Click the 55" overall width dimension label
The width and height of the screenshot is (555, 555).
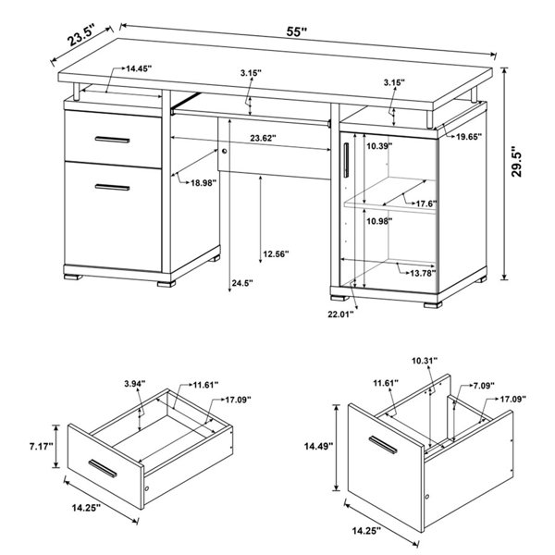296,31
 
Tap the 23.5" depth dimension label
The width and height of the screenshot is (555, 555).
81,36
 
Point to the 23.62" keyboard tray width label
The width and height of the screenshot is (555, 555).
263,138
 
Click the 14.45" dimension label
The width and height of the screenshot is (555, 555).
139,68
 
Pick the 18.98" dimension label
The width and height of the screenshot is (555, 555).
203,183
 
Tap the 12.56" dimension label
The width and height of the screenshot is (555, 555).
276,254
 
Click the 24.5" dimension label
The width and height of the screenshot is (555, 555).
242,283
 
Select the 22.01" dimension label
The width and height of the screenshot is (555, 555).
340,314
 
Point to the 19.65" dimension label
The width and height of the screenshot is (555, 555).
469,137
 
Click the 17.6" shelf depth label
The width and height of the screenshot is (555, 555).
426,203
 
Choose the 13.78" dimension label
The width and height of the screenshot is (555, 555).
423,273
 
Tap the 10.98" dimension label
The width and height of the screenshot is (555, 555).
379,222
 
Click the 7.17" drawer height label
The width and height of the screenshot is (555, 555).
41,447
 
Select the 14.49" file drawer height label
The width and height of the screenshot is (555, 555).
319,447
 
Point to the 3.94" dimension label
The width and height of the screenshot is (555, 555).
135,383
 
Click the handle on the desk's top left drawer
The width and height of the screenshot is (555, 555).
112,140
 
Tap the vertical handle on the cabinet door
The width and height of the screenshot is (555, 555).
346,160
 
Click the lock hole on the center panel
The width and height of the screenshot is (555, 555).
224,152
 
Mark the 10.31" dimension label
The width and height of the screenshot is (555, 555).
425,361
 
